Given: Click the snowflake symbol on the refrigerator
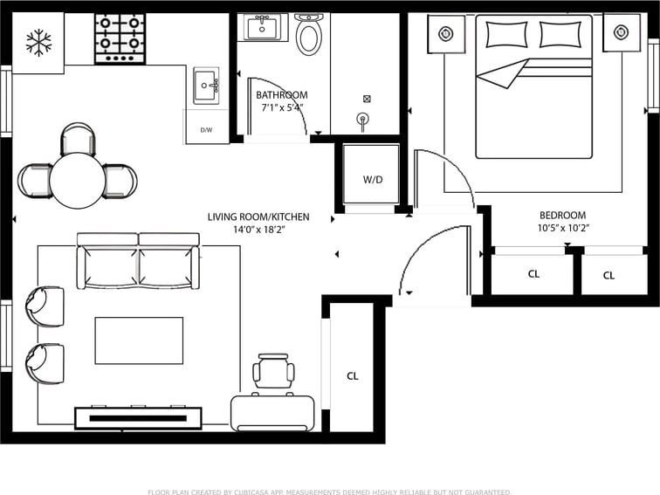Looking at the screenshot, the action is click(x=38, y=43).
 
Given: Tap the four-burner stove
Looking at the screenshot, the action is click(x=120, y=38).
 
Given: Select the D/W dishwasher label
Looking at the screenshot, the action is click(x=206, y=130).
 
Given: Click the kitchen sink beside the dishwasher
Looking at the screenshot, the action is click(x=206, y=86).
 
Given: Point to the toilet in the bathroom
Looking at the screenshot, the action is click(x=309, y=34).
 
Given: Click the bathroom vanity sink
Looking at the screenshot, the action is click(x=262, y=27).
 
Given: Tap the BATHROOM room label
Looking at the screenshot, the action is click(x=282, y=95).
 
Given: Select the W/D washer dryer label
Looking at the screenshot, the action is click(x=373, y=180).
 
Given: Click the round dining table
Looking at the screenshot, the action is click(x=78, y=180).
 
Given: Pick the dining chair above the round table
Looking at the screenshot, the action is click(x=78, y=138).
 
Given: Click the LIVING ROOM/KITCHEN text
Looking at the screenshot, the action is click(x=258, y=217).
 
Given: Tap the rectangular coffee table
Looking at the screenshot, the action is click(x=139, y=340).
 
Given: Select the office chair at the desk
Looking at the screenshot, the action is click(x=273, y=371).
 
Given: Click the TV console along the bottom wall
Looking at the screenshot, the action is click(x=138, y=418).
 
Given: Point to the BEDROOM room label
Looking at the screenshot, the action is click(x=563, y=215).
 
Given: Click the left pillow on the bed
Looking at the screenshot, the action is click(x=506, y=34).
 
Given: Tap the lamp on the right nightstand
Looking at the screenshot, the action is click(x=621, y=32).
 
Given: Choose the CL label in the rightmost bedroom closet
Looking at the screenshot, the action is click(x=608, y=275).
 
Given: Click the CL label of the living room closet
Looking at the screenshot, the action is click(x=353, y=376).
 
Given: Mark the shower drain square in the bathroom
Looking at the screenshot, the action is click(x=367, y=99).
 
